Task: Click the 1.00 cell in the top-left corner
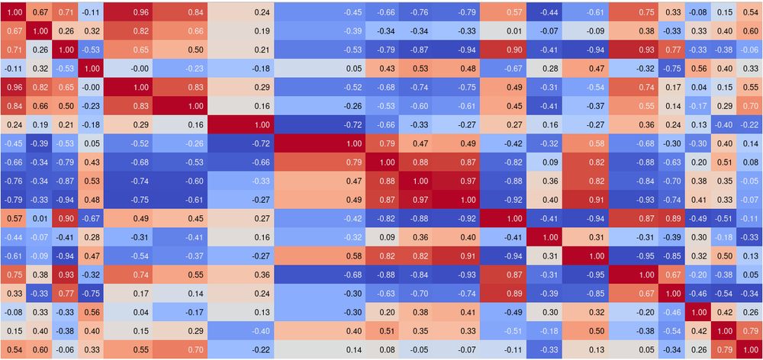tap(14, 12)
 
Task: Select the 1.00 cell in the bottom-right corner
tap(750, 349)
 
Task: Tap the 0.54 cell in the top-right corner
tap(750, 12)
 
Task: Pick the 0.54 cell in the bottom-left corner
tap(14, 349)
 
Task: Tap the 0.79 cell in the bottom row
tap(725, 349)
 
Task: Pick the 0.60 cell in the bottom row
tap(40, 349)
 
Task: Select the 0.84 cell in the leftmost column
tap(14, 106)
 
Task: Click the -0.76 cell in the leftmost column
tap(14, 181)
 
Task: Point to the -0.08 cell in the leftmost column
tap(14, 312)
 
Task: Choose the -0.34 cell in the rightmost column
tap(750, 294)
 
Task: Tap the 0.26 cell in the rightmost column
tap(750, 312)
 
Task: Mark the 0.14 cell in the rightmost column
tap(750, 143)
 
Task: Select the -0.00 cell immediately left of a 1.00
tap(92, 87)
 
